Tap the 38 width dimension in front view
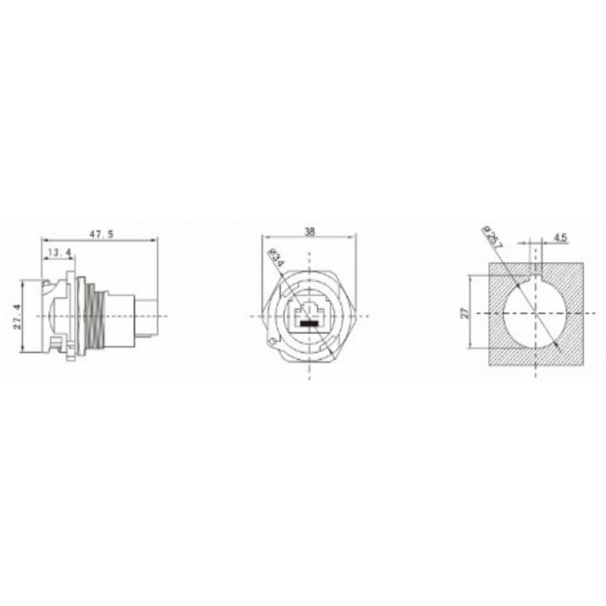pos(309,233)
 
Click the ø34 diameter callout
pos(276,262)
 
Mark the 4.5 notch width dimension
pos(561,237)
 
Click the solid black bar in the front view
pos(309,324)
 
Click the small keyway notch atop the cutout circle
pos(537,268)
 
